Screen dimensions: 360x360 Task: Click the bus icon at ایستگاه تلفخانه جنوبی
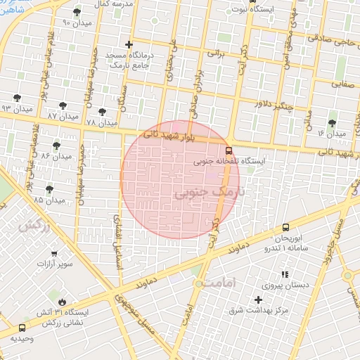229,150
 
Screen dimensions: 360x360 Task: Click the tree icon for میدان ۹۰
77,13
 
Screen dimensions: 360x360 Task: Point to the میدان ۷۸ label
102,122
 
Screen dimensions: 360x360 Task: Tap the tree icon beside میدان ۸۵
49,189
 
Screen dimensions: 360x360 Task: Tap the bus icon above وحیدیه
22,328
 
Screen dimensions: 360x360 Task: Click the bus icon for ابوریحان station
285,227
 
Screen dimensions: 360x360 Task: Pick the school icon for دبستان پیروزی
285,274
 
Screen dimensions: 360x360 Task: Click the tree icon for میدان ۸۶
56,146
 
